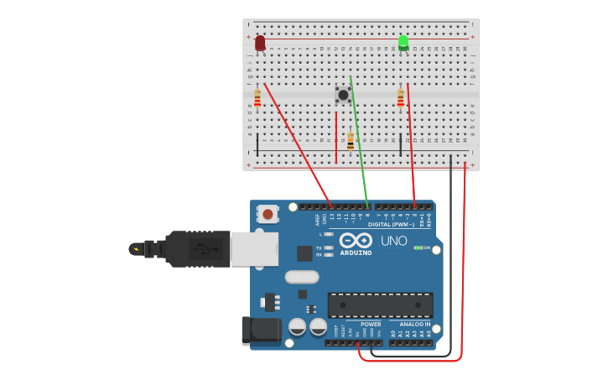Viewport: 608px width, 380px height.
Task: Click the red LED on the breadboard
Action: tap(260, 43)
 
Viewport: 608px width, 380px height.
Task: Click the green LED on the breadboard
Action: tap(403, 43)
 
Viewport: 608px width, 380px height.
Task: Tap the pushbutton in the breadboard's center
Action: tap(343, 95)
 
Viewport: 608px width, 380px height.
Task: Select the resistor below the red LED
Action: tap(257, 98)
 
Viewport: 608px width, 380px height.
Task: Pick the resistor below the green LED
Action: tap(401, 98)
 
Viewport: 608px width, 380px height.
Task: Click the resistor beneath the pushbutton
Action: tap(351, 141)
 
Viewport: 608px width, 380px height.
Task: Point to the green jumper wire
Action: tap(358, 143)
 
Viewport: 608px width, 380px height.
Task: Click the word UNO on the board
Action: tap(394, 241)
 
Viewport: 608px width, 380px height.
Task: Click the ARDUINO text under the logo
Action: tap(356, 252)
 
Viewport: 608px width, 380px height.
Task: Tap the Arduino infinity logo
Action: tap(356, 240)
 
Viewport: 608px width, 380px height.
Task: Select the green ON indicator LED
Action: tap(418, 247)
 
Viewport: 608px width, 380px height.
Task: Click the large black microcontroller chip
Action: tap(380, 305)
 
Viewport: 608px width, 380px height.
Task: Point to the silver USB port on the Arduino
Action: tap(254, 249)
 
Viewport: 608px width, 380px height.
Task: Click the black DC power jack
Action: tap(261, 331)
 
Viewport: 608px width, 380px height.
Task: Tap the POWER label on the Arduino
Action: tap(371, 324)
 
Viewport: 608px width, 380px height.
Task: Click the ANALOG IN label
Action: tap(414, 324)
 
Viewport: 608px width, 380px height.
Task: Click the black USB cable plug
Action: tap(198, 249)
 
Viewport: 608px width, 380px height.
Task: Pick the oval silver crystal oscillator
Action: tap(302, 277)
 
